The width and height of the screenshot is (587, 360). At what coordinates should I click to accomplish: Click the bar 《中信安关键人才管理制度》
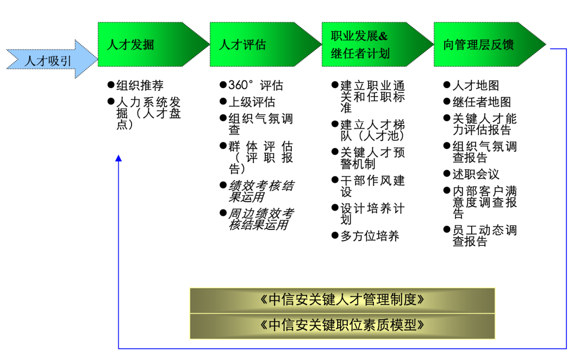(342, 300)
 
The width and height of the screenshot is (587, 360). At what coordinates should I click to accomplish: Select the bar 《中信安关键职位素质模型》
(342, 325)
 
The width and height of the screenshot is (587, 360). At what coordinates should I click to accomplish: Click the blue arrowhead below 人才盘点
(118, 158)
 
